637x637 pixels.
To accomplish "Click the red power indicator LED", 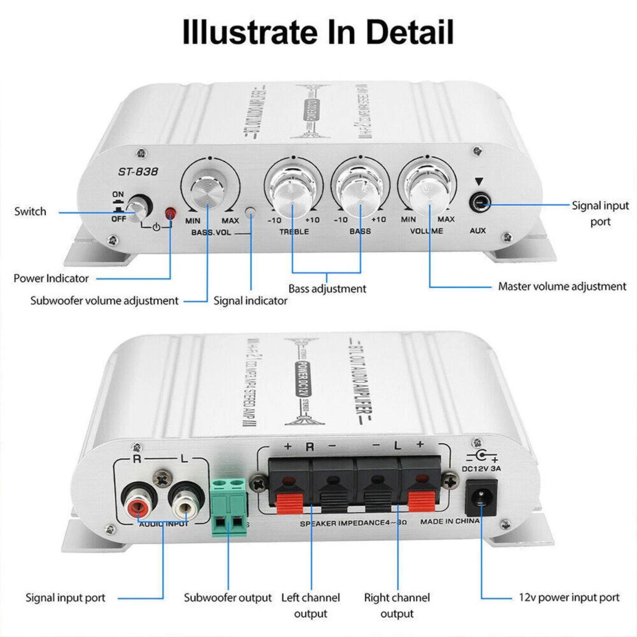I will (170, 212).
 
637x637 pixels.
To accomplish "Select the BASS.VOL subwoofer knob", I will (207, 192).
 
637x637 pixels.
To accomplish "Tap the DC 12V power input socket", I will (481, 497).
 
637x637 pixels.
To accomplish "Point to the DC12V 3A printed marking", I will (481, 469).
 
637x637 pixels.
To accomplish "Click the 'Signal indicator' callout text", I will (250, 301).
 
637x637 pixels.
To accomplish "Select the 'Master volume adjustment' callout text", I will (562, 286).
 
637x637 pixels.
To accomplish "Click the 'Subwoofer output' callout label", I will (228, 598).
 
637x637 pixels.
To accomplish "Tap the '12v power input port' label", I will (569, 598).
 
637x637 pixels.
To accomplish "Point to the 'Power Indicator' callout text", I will (51, 278).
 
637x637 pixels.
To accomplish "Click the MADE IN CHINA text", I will (450, 521).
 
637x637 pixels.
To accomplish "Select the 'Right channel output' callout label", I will (397, 605).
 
